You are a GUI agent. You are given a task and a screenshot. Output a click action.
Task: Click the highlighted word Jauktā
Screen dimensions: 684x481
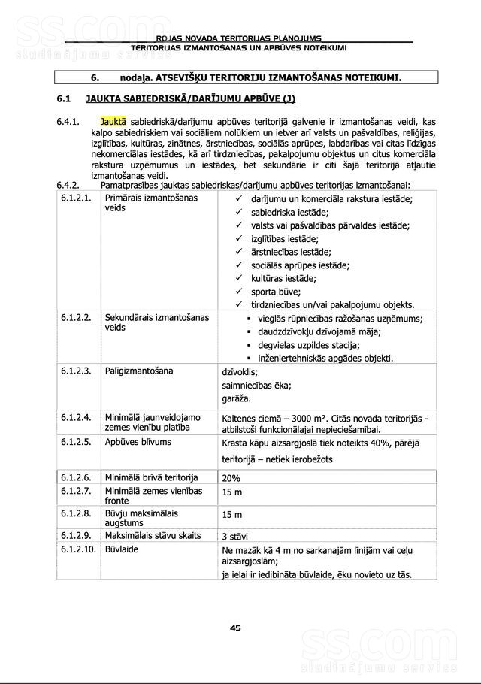point(113,120)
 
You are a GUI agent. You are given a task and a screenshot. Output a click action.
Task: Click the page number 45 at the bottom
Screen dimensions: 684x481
point(235,628)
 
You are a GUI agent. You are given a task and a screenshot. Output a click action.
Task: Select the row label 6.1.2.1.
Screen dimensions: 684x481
point(76,198)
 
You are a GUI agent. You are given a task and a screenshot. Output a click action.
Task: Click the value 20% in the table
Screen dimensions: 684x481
point(231,478)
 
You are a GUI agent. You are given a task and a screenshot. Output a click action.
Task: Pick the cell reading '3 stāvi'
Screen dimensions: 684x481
point(235,537)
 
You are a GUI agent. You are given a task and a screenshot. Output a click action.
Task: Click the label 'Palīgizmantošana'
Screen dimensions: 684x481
point(138,371)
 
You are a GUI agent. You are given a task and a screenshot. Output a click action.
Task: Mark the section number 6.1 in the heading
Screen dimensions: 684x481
point(63,98)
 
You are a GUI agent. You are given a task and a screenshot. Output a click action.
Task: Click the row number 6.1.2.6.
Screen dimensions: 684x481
point(76,477)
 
